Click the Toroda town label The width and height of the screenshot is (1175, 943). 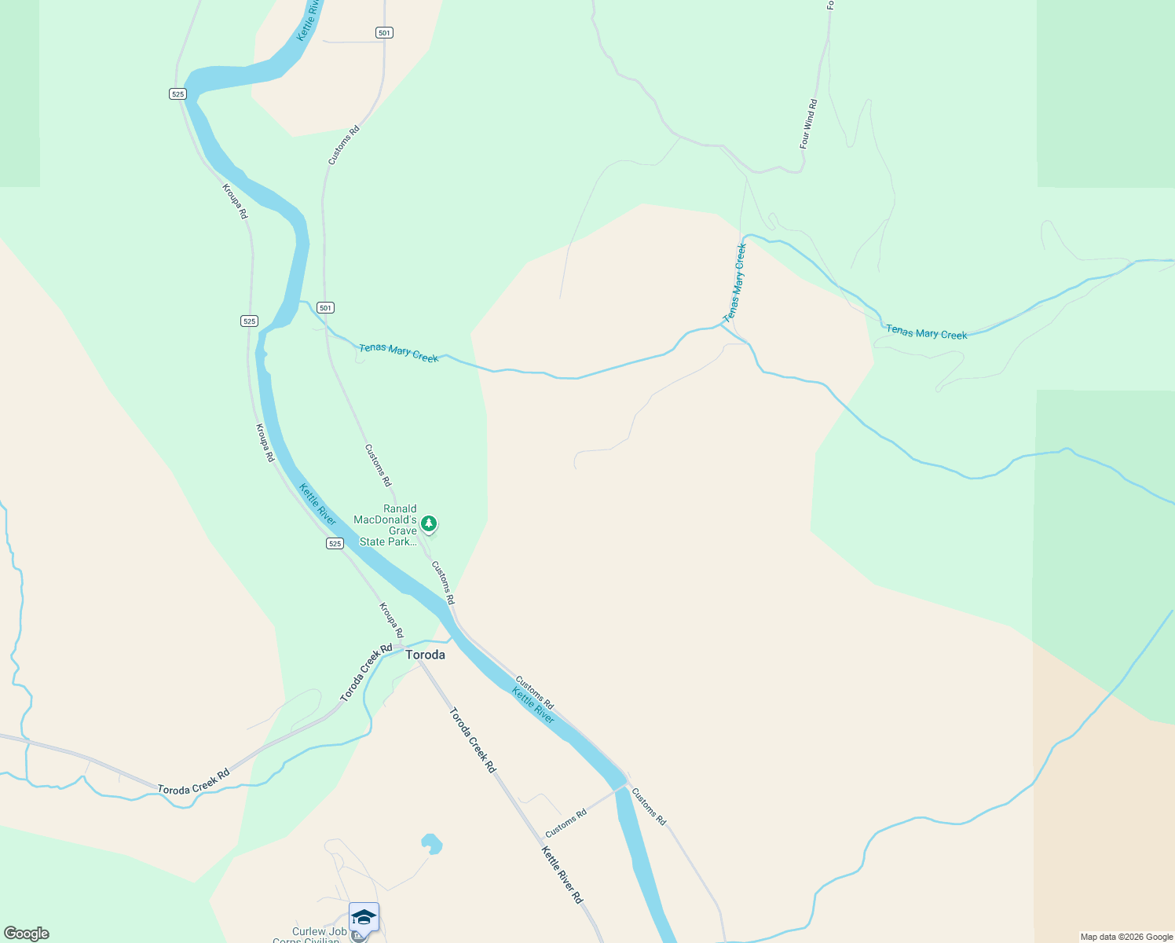pos(425,655)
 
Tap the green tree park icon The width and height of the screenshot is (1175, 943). pos(428,523)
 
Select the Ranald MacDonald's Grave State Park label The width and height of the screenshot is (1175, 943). pos(388,525)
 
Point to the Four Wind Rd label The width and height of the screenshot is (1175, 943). pos(808,124)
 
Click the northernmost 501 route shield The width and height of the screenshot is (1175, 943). pos(384,32)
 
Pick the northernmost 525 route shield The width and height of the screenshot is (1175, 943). pos(178,94)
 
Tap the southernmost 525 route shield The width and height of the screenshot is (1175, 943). pos(335,543)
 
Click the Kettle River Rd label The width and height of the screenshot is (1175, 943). pos(562,875)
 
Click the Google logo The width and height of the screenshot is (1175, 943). pos(27,934)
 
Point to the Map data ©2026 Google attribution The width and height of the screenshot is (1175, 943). pos(1126,937)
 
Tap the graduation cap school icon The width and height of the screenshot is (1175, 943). pos(364,917)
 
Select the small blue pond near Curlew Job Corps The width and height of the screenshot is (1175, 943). pos(431,844)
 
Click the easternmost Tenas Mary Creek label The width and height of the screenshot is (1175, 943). pos(926,332)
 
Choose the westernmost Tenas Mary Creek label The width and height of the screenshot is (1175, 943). pos(398,353)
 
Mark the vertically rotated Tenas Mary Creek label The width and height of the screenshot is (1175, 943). pos(734,283)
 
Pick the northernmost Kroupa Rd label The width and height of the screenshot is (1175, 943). pos(235,201)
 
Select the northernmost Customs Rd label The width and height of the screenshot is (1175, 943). pos(343,145)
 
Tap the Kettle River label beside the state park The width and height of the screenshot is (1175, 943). pos(317,505)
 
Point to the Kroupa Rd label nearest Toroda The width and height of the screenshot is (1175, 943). pos(391,620)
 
